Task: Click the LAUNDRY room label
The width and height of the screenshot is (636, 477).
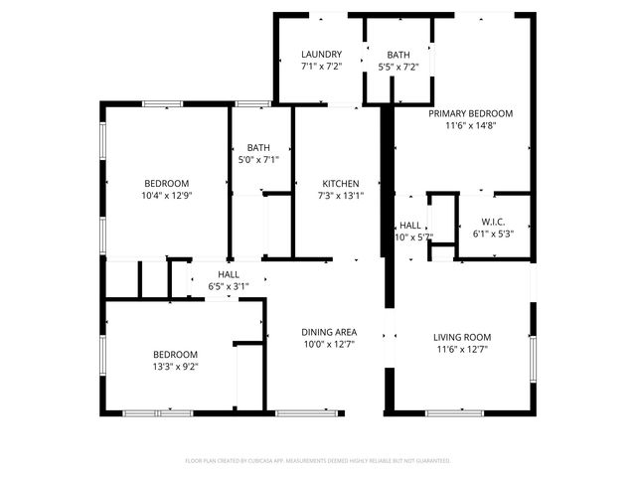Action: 322,55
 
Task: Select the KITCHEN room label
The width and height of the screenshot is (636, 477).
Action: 340,184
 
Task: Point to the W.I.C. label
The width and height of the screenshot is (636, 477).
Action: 494,222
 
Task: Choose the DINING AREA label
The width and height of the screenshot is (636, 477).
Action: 329,332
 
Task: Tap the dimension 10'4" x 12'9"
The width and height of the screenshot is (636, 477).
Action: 167,196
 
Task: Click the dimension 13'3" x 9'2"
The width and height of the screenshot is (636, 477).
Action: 175,367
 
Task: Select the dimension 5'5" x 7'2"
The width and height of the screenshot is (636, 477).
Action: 398,68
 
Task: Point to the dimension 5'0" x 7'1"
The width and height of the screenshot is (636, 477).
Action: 258,159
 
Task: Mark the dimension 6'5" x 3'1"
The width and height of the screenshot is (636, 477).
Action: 228,286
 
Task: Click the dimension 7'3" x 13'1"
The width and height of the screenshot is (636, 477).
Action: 340,196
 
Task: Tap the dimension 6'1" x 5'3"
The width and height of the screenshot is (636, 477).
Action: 494,234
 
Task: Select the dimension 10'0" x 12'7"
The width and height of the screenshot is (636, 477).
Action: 329,344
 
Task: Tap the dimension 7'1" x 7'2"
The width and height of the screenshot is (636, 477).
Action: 322,67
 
